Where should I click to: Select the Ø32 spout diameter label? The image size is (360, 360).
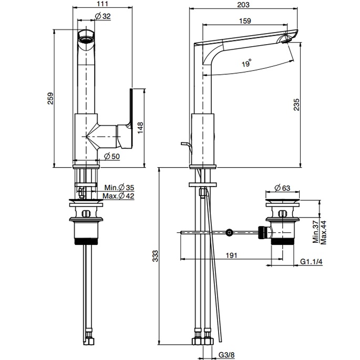[x=103, y=17]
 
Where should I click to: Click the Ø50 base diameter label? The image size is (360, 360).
[x=111, y=156]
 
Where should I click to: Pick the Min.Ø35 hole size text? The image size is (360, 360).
[x=121, y=188]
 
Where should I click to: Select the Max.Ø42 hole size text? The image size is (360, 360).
[x=121, y=196]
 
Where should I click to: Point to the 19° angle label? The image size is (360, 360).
[x=246, y=64]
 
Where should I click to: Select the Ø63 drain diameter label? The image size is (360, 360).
[x=282, y=188]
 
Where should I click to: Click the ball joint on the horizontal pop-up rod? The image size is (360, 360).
[x=229, y=232]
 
